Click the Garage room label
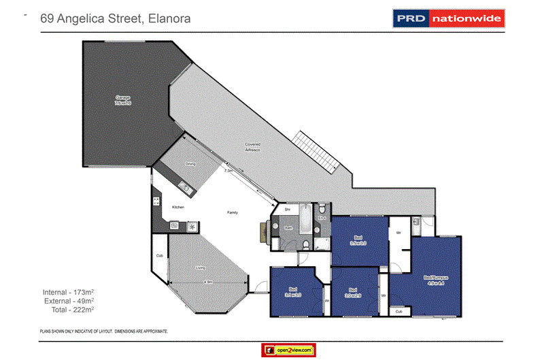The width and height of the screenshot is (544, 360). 122,100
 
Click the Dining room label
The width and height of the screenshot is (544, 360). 190,164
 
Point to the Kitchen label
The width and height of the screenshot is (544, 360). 178,207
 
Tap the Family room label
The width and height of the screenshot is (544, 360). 232,213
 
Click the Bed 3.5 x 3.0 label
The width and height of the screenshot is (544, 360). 358,240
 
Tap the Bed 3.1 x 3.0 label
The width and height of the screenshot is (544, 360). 293,293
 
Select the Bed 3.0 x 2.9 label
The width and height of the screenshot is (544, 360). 353,293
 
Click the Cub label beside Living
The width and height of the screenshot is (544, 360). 159,256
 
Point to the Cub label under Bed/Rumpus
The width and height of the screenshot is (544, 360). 399,312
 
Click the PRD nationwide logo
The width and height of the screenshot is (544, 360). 448,18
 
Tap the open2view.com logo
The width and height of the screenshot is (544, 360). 287,350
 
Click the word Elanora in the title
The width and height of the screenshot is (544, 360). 167,19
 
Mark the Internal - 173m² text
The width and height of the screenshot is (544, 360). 68,293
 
